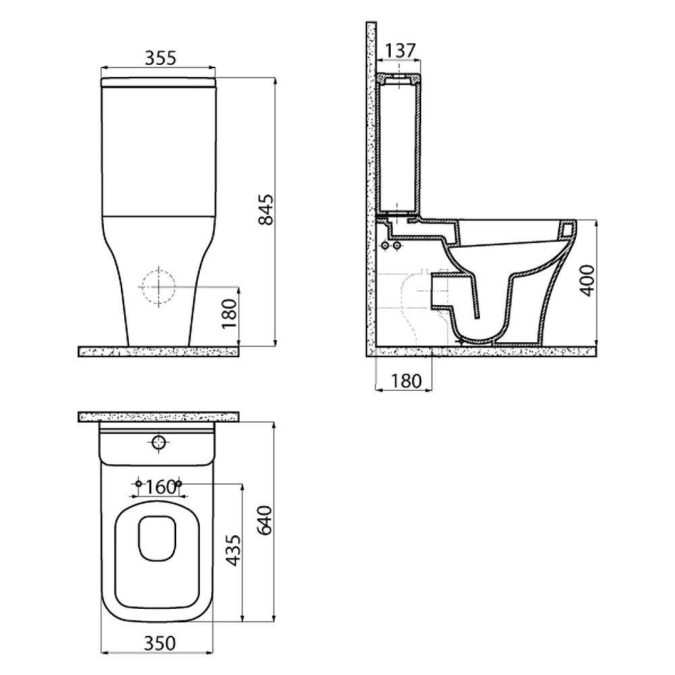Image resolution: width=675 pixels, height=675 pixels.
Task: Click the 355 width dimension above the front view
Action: (x=160, y=57)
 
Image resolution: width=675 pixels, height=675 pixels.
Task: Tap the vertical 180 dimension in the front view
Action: (x=230, y=313)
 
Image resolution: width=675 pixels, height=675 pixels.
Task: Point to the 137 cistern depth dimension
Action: (x=400, y=51)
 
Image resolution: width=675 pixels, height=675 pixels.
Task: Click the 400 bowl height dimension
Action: (x=588, y=281)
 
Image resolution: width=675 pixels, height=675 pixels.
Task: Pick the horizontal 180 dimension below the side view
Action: (x=406, y=381)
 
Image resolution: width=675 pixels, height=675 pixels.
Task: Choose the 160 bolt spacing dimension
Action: (x=160, y=487)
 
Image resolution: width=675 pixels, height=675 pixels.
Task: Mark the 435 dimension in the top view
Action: (x=234, y=550)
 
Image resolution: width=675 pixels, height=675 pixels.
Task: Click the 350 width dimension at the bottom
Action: (x=160, y=643)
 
